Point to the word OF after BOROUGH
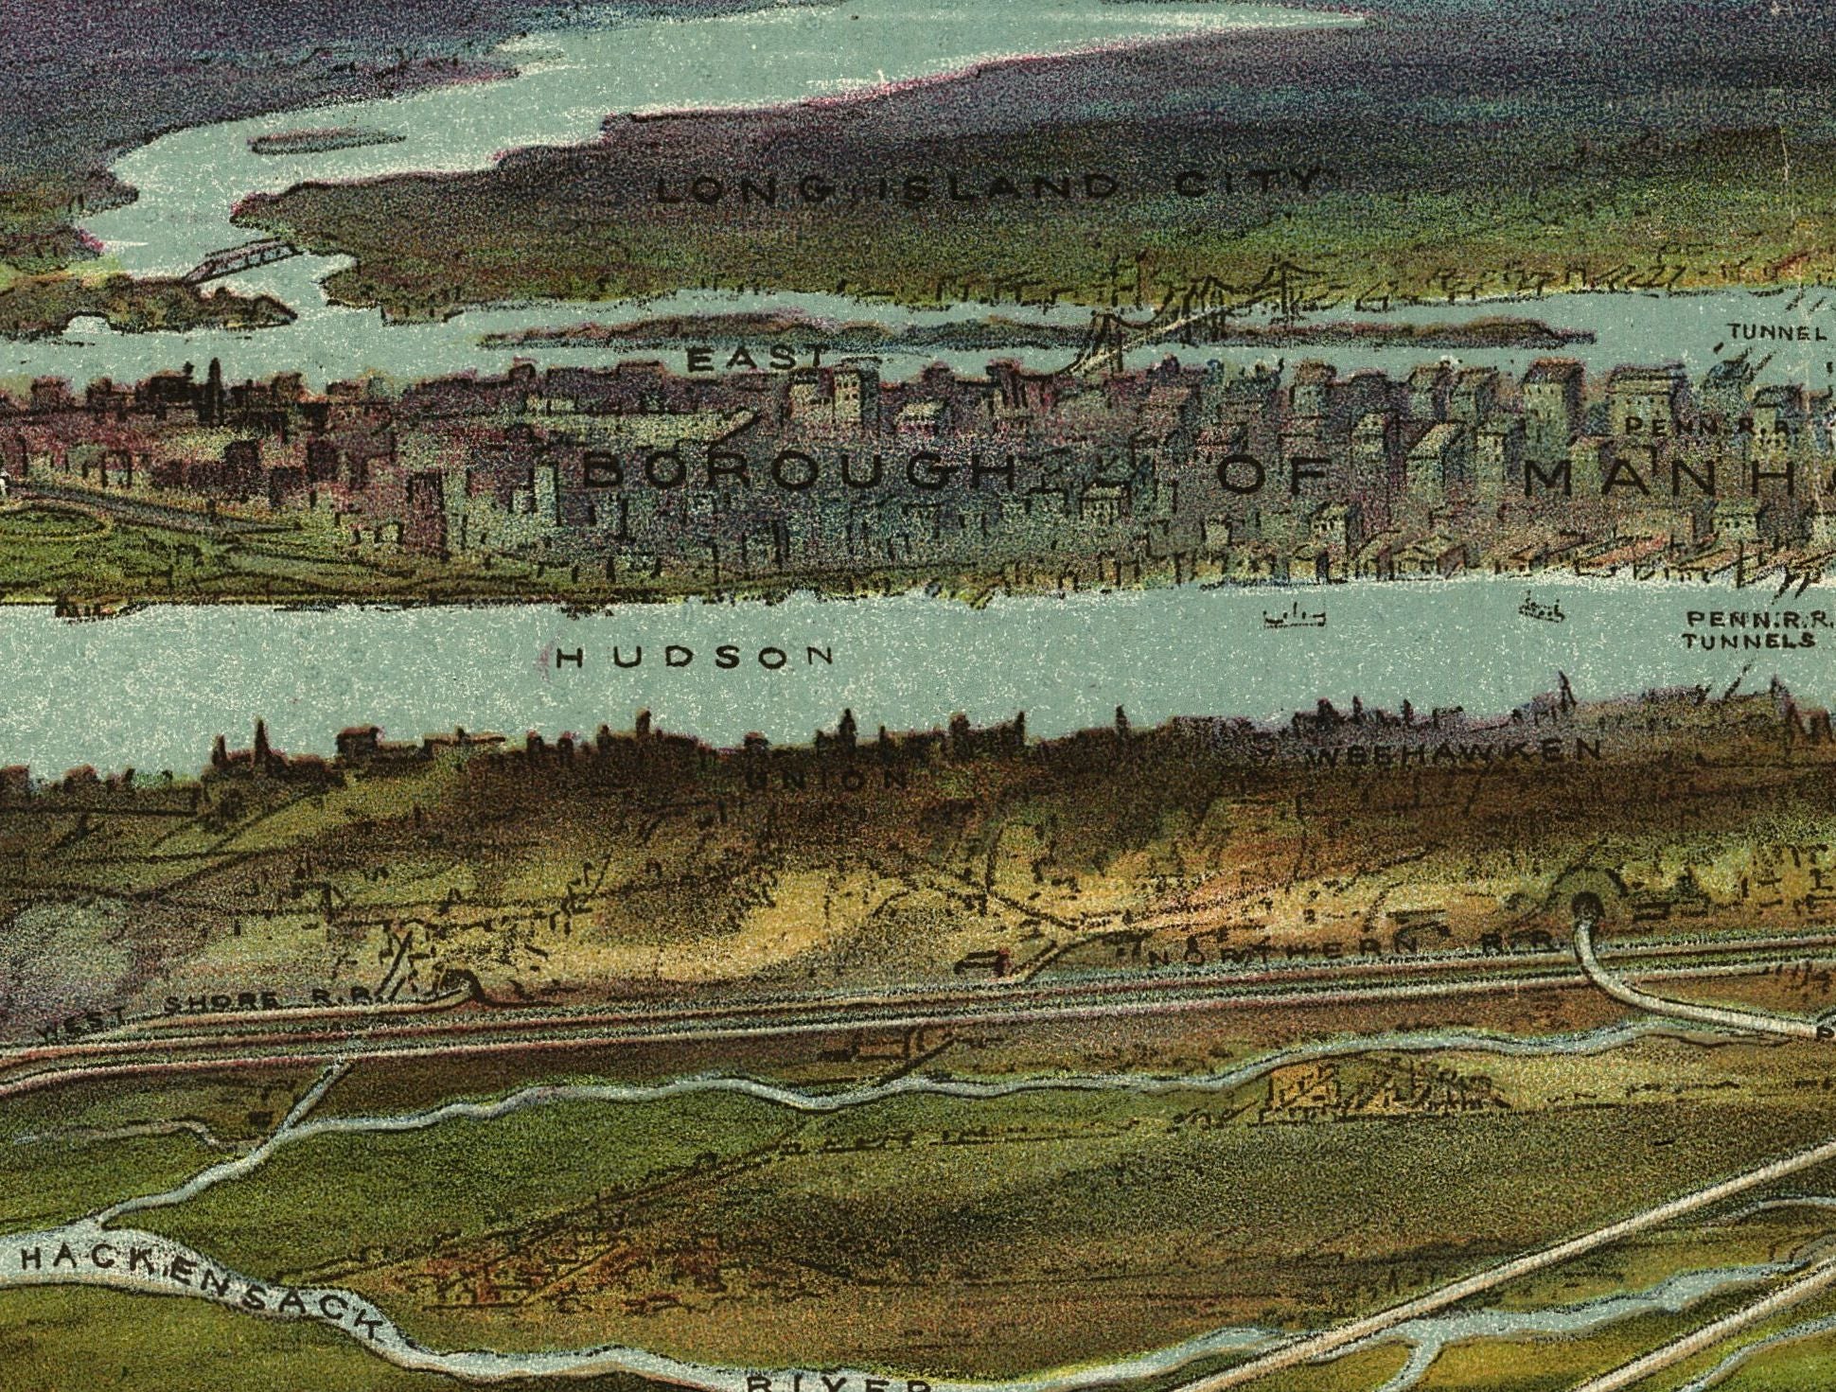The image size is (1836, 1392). tap(1273, 473)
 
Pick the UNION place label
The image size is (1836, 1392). tap(827, 779)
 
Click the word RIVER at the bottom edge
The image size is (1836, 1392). tap(838, 1383)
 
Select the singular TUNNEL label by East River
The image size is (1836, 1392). tap(1776, 332)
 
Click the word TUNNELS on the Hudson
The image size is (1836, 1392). tap(1748, 641)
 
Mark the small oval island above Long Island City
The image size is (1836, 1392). tap(327, 141)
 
